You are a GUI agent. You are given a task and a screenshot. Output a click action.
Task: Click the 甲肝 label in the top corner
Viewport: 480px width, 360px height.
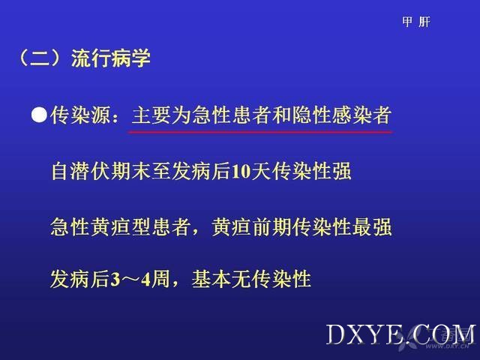(416, 22)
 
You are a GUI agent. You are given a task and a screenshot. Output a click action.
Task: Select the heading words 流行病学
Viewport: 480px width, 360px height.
(111, 58)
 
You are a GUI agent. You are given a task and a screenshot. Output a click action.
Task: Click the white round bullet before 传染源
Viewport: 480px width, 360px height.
(39, 115)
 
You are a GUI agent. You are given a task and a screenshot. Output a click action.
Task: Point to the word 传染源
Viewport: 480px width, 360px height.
(80, 115)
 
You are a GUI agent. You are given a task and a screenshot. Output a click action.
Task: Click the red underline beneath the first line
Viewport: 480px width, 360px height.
(260, 132)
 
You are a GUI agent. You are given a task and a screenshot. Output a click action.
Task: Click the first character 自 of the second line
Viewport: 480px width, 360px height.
(61, 171)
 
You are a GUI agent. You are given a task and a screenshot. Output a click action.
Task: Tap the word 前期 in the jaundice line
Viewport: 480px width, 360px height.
(271, 226)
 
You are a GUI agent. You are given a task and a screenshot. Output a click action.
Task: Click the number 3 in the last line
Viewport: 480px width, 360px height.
(115, 280)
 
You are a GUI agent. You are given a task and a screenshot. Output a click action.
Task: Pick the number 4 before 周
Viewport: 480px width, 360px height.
(146, 280)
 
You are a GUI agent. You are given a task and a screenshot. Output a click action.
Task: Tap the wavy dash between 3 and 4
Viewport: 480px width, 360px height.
(130, 280)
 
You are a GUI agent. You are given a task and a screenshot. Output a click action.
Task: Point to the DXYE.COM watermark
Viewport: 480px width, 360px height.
(401, 335)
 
